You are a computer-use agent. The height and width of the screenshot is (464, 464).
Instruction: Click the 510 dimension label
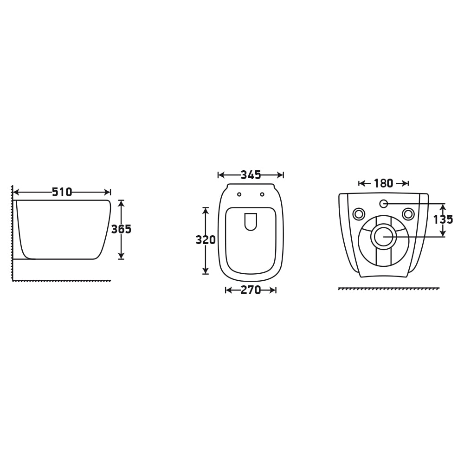click(62, 193)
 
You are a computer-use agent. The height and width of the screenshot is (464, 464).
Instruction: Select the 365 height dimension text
click(121, 229)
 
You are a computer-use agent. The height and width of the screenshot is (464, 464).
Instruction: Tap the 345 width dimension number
click(251, 175)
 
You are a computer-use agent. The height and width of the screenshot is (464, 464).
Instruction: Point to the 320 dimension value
click(206, 240)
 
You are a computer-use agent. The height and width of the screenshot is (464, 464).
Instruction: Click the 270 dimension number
click(251, 290)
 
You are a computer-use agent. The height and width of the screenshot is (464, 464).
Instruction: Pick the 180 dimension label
click(384, 183)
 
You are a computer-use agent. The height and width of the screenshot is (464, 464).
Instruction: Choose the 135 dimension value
click(443, 219)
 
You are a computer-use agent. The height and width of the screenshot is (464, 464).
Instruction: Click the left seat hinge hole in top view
click(239, 194)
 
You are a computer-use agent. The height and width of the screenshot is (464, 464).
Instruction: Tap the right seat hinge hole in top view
click(262, 194)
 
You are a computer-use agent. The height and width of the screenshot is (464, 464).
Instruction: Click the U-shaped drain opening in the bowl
click(251, 230)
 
